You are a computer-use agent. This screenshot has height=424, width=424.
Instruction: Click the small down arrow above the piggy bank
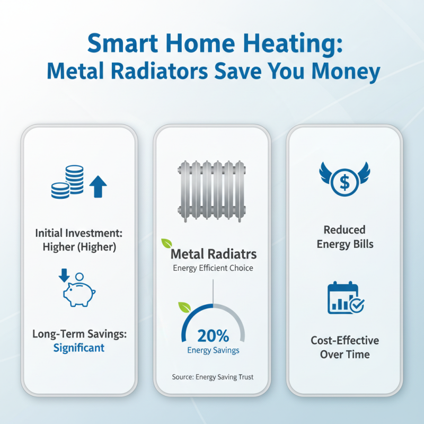65,275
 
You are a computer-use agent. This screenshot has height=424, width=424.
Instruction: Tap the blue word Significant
78,348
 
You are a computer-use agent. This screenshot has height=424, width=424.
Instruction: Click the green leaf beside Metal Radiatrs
167,243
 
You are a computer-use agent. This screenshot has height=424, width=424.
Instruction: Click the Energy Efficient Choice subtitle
213,268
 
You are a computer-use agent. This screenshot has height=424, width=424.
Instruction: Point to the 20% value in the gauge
213,335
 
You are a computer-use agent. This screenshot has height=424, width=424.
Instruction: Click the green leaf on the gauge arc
184,307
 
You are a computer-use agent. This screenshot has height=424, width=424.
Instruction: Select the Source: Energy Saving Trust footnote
213,377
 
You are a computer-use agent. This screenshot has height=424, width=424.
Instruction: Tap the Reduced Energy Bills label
344,237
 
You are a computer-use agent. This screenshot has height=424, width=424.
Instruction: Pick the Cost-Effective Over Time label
344,347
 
